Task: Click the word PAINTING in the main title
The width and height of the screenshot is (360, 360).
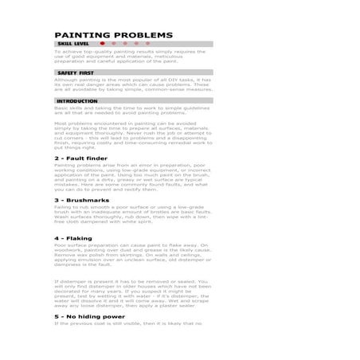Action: click(x=84, y=36)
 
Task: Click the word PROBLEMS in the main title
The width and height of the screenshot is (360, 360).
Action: click(x=143, y=36)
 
